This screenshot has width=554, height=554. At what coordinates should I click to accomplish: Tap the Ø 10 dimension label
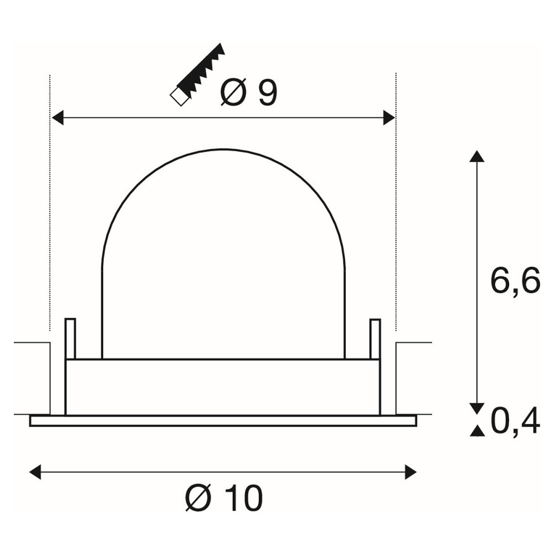pos(224,498)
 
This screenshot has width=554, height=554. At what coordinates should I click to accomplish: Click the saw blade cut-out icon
pos(198,75)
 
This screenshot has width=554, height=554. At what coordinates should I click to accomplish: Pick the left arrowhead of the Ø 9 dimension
pos(58,117)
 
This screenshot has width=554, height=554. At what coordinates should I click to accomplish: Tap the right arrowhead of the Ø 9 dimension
pos(389,117)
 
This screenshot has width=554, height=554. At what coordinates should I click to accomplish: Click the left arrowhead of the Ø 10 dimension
pos(35,472)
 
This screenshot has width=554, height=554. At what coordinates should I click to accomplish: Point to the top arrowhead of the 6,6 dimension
pos(477,156)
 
